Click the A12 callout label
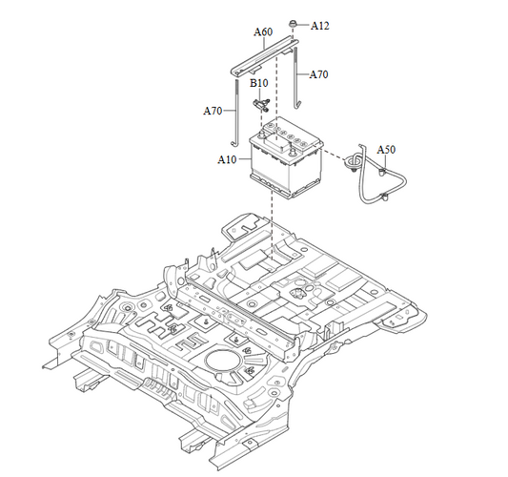point(319,26)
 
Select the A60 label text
point(263,32)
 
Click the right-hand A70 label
point(318,74)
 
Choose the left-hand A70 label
point(213,111)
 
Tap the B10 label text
point(258,83)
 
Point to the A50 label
point(386,150)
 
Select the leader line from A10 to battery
point(243,159)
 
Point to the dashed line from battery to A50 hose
point(335,158)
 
